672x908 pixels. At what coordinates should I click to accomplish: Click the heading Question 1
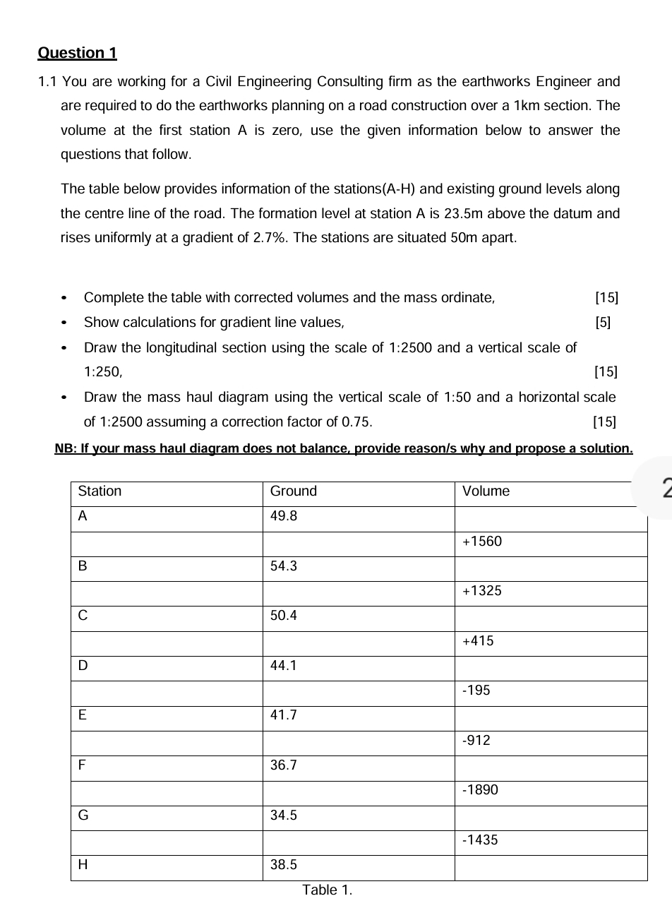coord(77,53)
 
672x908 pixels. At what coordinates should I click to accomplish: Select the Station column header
coord(100,491)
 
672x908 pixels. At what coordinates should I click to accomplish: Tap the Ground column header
coord(294,491)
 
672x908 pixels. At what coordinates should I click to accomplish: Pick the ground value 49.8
coord(284,516)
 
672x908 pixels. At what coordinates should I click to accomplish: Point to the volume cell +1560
coord(481,542)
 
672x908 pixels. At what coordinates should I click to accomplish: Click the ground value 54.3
coord(284,566)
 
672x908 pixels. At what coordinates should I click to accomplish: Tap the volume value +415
coord(478,641)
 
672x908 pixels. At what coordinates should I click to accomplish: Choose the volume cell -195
coord(476,691)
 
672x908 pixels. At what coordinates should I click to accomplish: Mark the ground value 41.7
coord(284,715)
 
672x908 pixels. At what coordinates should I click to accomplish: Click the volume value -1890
coord(480,790)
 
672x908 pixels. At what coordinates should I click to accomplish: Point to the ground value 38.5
coord(284,865)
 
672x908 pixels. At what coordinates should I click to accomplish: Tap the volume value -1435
coord(480,840)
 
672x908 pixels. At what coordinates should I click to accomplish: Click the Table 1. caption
coord(327,890)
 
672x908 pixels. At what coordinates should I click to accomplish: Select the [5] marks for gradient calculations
coord(604,323)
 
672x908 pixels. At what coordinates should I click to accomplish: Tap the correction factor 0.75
coord(356,422)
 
